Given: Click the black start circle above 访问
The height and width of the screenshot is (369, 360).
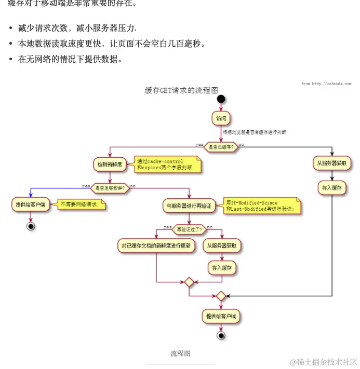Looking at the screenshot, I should pyautogui.click(x=221, y=99).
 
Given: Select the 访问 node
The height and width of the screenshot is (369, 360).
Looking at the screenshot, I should pyautogui.click(x=221, y=118).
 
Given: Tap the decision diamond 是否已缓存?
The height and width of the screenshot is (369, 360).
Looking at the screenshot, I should pyautogui.click(x=221, y=147).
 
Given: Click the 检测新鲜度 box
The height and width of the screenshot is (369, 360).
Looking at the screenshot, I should pyautogui.click(x=109, y=165).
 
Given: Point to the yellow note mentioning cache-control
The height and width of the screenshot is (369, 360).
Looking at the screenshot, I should pyautogui.click(x=166, y=165).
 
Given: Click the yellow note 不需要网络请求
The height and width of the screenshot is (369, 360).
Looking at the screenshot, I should pyautogui.click(x=81, y=204).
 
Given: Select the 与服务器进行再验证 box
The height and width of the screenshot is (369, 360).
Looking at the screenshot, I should pyautogui.click(x=189, y=206).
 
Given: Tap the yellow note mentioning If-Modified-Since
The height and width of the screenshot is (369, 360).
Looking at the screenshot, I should pyautogui.click(x=260, y=206).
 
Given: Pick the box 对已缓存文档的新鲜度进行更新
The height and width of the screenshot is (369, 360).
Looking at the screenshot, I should pyautogui.click(x=156, y=245).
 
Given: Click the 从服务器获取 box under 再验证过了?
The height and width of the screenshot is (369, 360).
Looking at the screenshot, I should pyautogui.click(x=222, y=245).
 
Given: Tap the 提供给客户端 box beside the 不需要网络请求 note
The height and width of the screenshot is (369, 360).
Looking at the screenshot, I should pyautogui.click(x=31, y=204).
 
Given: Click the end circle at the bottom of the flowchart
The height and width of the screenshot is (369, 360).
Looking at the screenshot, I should pyautogui.click(x=221, y=336).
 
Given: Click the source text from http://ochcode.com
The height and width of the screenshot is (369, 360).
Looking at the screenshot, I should pyautogui.click(x=326, y=84).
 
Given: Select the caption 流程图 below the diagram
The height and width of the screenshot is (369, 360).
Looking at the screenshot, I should pyautogui.click(x=180, y=353).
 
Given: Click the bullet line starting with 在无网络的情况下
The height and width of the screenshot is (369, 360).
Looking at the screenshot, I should pyautogui.click(x=70, y=59).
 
